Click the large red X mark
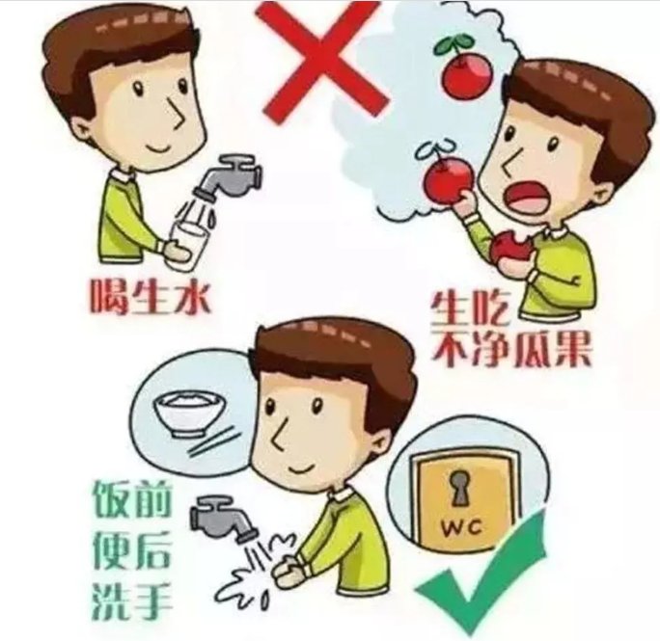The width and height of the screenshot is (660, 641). (x=321, y=60)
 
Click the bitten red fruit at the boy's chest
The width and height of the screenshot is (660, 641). (x=509, y=249)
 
